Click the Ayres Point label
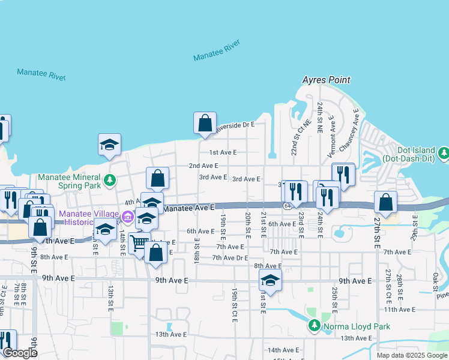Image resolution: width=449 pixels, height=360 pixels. (x=326, y=80)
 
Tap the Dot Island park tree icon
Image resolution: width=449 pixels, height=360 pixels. (x=444, y=154)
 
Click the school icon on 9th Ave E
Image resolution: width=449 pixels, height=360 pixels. (x=270, y=280)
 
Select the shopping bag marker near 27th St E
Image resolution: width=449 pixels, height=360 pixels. (x=385, y=203)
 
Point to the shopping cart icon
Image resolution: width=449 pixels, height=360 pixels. (x=139, y=243)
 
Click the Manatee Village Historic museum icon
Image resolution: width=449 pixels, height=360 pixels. (x=127, y=216)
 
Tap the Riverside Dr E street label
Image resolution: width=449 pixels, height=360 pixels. (x=235, y=125)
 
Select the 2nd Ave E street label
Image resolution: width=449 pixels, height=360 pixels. (x=203, y=166)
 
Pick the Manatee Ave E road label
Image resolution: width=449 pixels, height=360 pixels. (x=188, y=208)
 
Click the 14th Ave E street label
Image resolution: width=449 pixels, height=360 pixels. (x=283, y=350)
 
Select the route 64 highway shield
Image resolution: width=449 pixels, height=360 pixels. (x=288, y=206)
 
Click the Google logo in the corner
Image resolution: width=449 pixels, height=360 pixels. (x=20, y=353)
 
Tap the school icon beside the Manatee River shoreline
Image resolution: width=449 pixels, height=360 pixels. (x=110, y=144)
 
